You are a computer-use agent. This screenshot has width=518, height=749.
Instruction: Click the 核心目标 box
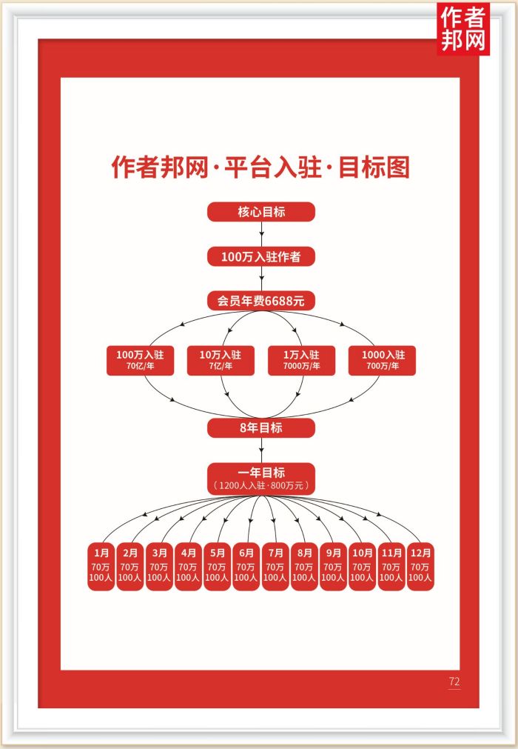(x=260, y=212)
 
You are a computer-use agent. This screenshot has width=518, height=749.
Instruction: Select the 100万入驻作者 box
(x=260, y=256)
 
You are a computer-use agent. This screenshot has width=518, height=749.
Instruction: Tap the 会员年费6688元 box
(x=260, y=301)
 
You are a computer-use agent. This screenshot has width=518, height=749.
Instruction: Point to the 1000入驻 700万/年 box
(x=383, y=360)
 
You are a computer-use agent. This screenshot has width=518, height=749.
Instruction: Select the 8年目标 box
(x=260, y=427)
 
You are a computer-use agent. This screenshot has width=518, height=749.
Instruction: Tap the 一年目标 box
(x=260, y=479)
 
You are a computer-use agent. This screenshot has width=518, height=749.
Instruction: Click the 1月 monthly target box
(x=101, y=567)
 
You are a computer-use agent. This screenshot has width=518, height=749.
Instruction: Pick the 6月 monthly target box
(x=246, y=567)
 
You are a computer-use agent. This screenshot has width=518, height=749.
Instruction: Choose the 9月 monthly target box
(x=333, y=567)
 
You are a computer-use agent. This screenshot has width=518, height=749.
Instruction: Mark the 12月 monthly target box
(x=420, y=567)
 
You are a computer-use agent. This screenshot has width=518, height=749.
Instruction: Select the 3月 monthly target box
(x=159, y=567)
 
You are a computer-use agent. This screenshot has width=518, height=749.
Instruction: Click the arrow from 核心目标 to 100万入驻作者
(x=261, y=234)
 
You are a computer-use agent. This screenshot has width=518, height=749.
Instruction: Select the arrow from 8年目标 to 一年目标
(x=261, y=450)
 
